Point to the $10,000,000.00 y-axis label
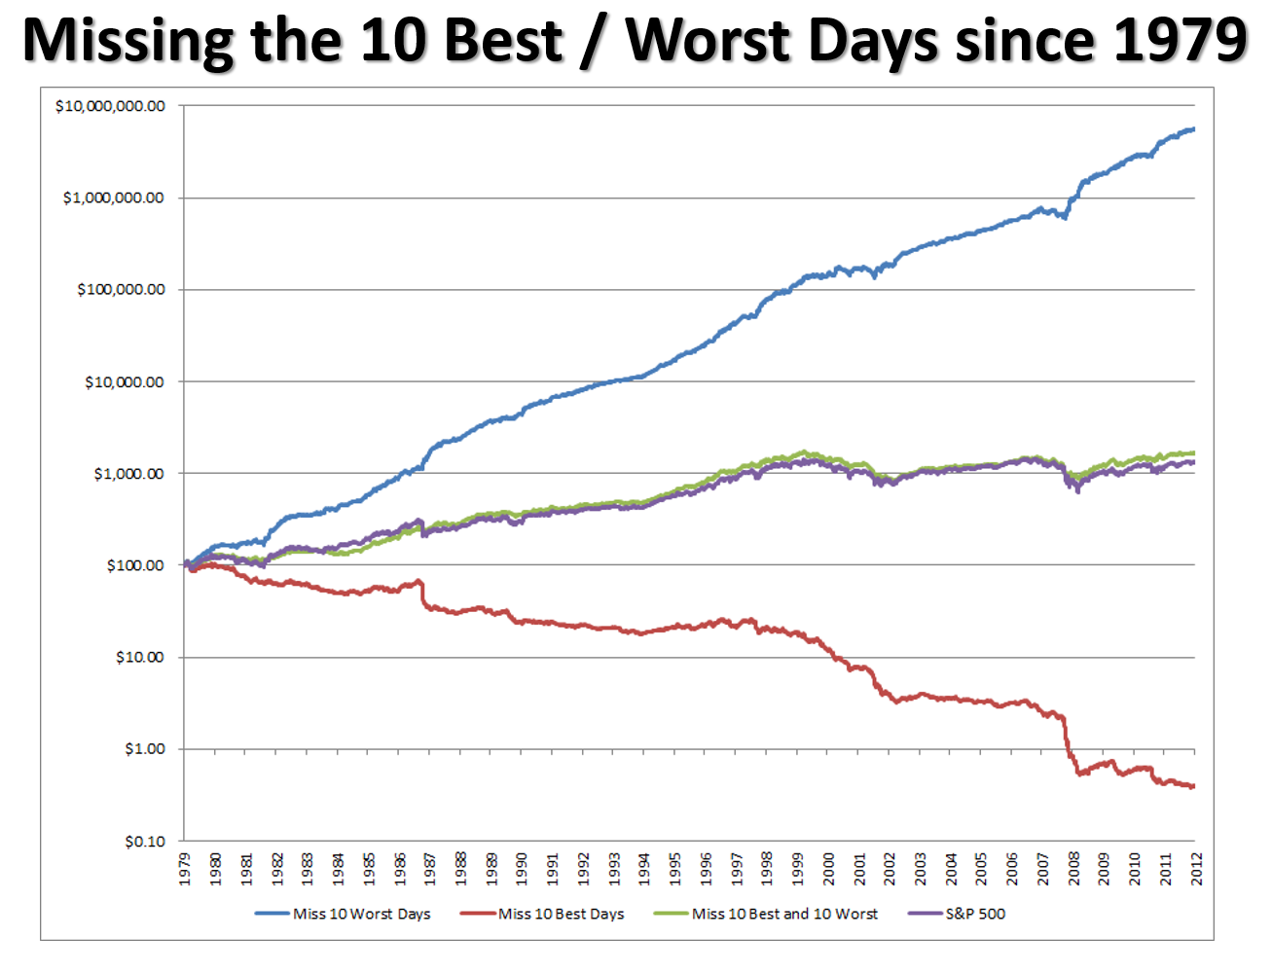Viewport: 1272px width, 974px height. click(x=110, y=106)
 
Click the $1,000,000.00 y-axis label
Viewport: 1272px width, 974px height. click(x=114, y=198)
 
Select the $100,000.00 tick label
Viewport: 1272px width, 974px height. click(x=121, y=290)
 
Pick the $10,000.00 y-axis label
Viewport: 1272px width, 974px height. click(x=125, y=382)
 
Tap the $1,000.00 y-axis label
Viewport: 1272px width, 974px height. click(x=128, y=474)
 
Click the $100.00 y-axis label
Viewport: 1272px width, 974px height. click(x=135, y=565)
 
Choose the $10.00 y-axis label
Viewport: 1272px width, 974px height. click(x=139, y=658)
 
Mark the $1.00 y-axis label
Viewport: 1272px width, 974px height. click(x=144, y=749)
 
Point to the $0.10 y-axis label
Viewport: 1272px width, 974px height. click(x=144, y=842)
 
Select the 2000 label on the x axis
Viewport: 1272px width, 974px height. click(x=828, y=869)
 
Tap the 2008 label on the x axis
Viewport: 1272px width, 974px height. click(x=1073, y=869)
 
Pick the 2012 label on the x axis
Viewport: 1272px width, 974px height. click(x=1196, y=869)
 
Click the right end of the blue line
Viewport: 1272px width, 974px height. click(x=1193, y=129)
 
